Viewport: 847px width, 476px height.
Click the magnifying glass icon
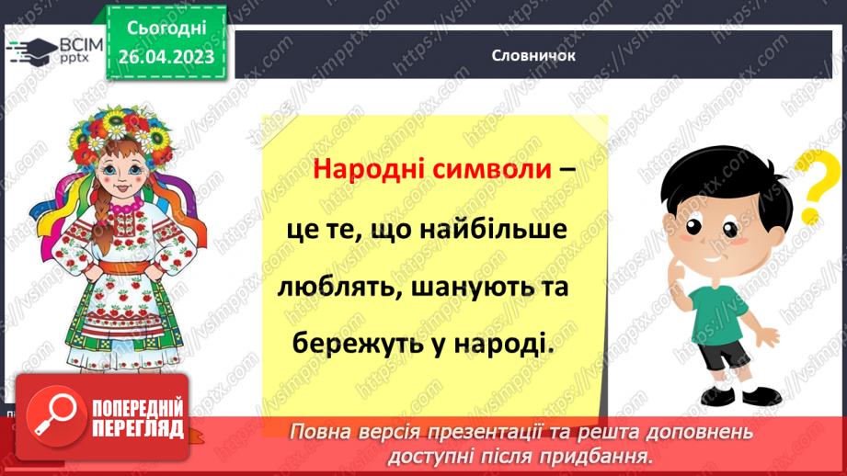tap(52, 419)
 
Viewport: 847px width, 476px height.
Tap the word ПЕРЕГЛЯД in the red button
tap(139, 429)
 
